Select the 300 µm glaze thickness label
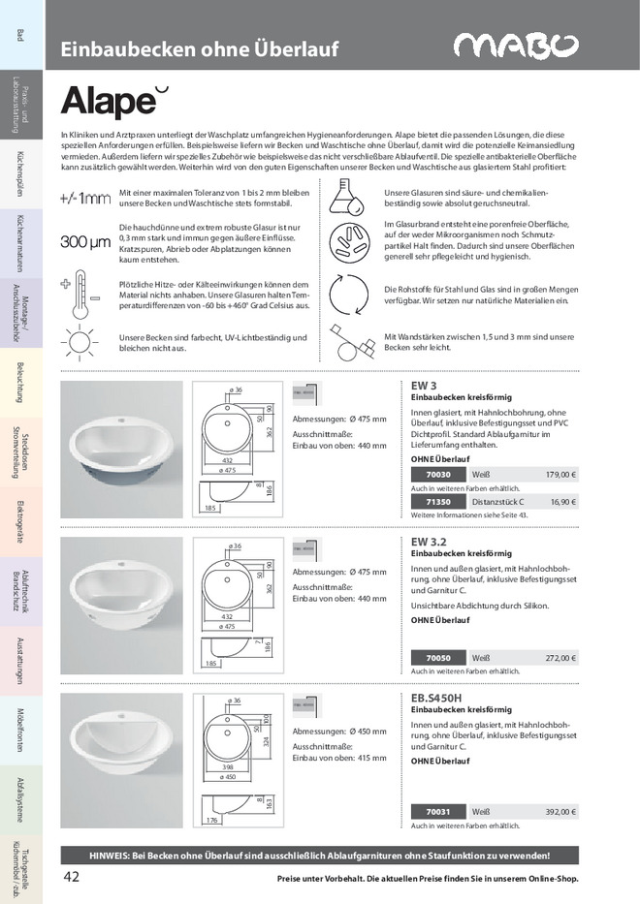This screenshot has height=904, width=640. (x=85, y=242)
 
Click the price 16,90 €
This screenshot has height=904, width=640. (x=560, y=502)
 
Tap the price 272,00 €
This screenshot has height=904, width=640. (x=560, y=658)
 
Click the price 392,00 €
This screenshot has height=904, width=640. (x=560, y=812)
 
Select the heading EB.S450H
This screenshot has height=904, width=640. (x=437, y=696)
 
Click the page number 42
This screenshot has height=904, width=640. (x=71, y=877)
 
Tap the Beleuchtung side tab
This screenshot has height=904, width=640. (x=20, y=380)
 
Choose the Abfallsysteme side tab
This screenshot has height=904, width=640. (x=20, y=795)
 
